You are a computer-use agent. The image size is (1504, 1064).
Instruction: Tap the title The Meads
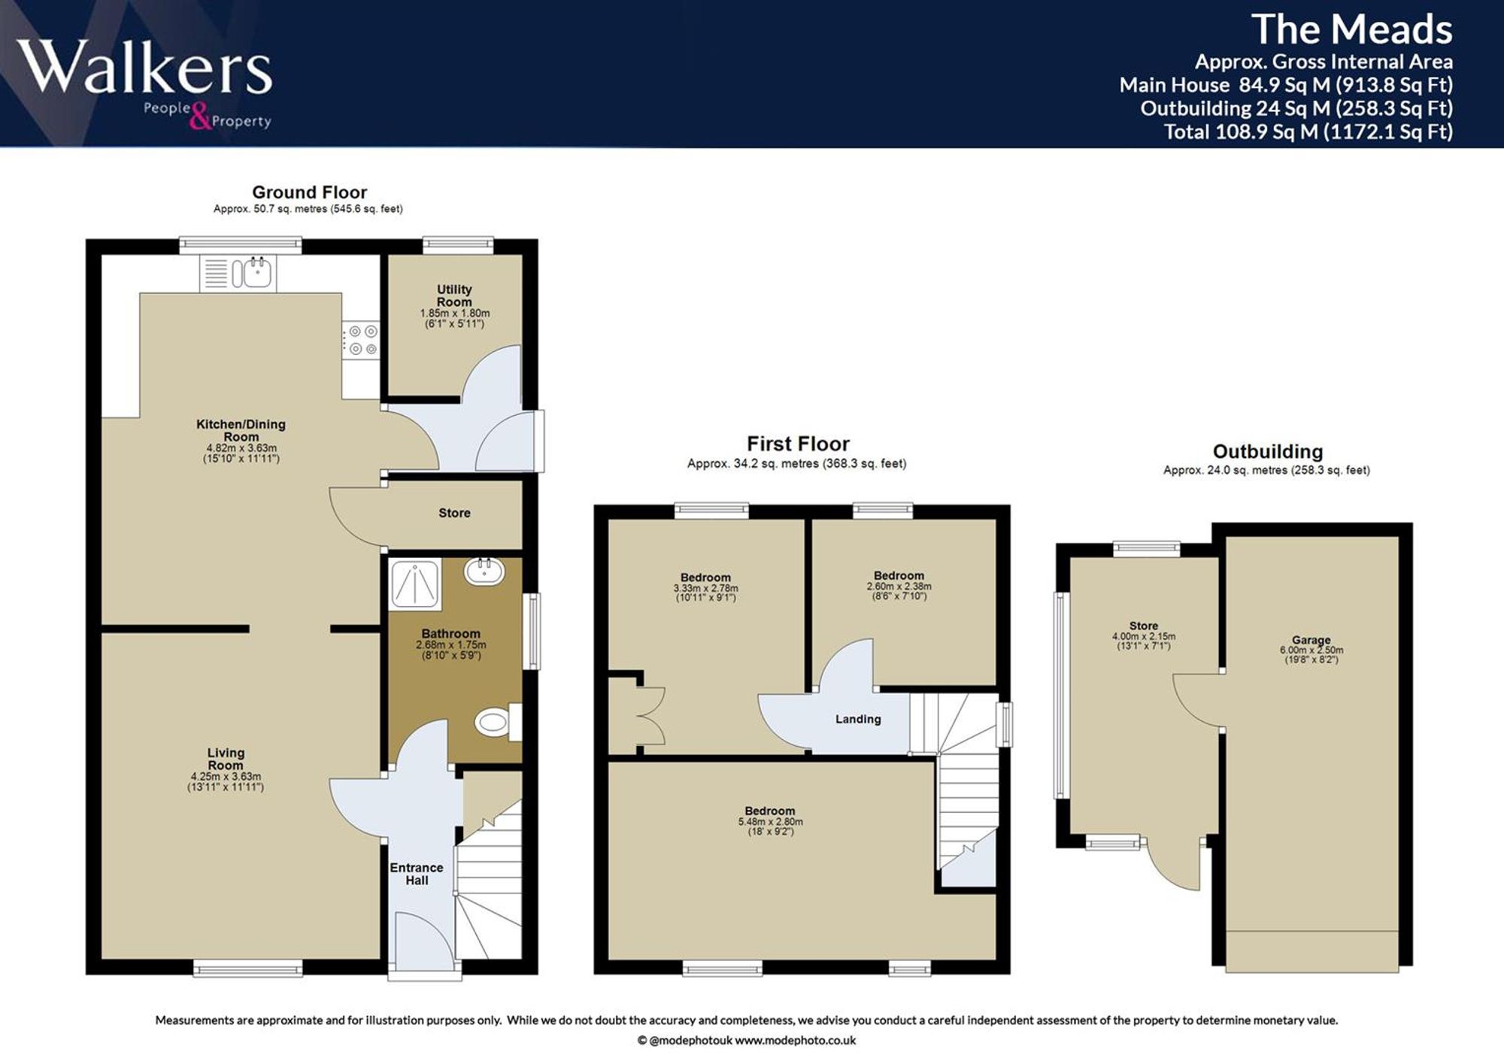pyautogui.click(x=1351, y=30)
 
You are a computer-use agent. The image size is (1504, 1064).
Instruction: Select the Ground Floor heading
pyautogui.click(x=309, y=192)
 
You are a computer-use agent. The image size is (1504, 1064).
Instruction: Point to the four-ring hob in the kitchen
pyautogui.click(x=362, y=340)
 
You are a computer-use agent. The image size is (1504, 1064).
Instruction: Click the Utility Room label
pyautogui.click(x=454, y=296)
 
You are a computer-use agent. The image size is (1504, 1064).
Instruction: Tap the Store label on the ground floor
pyautogui.click(x=454, y=513)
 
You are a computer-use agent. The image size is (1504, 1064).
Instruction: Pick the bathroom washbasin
pyautogui.click(x=485, y=571)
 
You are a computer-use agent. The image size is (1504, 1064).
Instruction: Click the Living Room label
pyautogui.click(x=226, y=759)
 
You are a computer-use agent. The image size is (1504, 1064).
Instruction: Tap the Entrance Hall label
pyautogui.click(x=417, y=874)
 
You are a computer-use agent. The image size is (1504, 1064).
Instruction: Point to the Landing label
pyautogui.click(x=858, y=720)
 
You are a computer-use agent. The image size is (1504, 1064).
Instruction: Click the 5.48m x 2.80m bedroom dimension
pyautogui.click(x=770, y=822)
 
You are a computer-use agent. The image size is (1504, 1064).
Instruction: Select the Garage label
pyautogui.click(x=1311, y=640)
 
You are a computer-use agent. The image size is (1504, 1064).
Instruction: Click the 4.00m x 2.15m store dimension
pyautogui.click(x=1144, y=636)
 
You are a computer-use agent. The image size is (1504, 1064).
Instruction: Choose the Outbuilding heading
pyautogui.click(x=1268, y=452)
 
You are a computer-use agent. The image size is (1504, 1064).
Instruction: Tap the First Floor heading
pyautogui.click(x=798, y=444)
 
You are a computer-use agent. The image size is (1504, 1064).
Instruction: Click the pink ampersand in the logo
pyautogui.click(x=200, y=117)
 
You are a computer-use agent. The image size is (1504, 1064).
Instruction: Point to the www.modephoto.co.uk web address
pyautogui.click(x=795, y=1041)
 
